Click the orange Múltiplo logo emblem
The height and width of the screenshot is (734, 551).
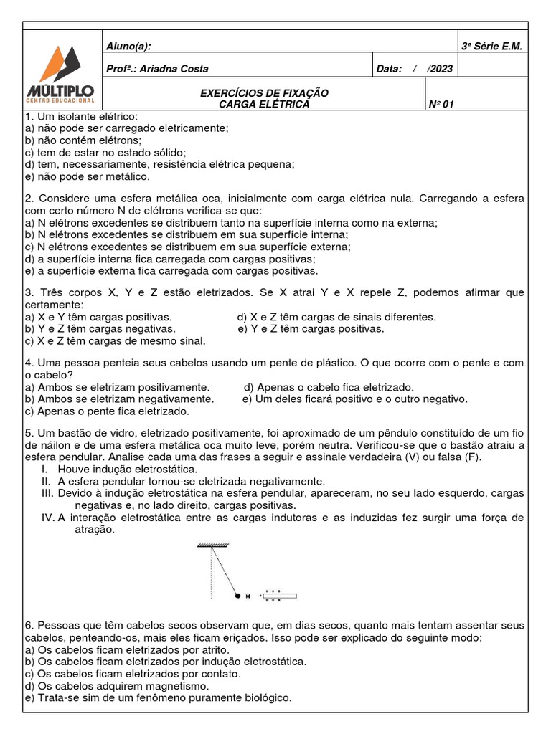click(62, 64)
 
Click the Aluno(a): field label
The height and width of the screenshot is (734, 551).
click(128, 47)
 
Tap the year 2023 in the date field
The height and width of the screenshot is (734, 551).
click(441, 69)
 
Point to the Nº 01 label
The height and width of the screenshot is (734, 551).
click(441, 105)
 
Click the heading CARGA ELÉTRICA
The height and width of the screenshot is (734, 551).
click(264, 105)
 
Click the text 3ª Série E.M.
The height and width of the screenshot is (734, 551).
click(493, 47)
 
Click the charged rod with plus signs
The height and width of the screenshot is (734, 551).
click(280, 596)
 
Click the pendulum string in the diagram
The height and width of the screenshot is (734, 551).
click(222, 571)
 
